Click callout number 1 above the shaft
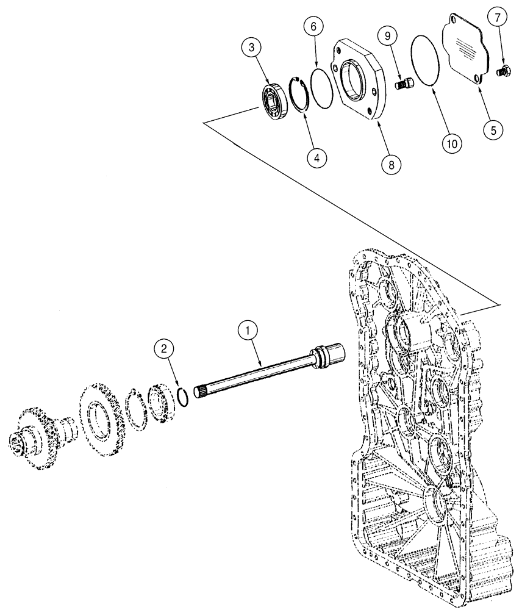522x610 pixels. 247,331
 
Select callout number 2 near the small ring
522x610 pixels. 162,350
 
